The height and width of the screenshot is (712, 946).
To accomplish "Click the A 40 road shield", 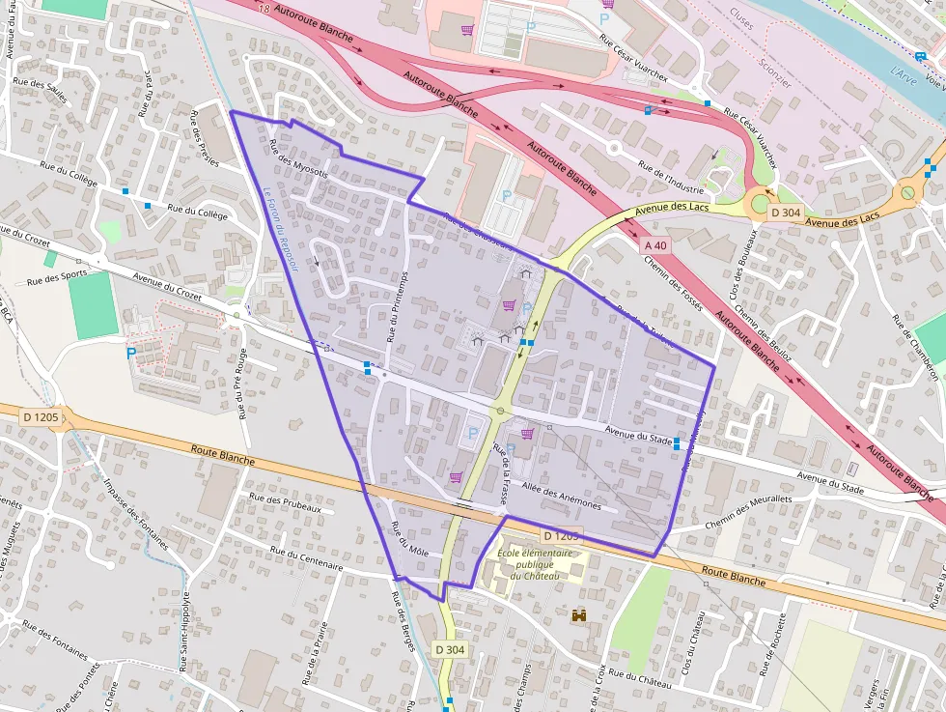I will (x=655, y=246).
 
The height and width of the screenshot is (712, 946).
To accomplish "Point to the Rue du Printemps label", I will (x=397, y=305).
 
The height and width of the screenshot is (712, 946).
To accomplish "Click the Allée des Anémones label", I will (x=561, y=498).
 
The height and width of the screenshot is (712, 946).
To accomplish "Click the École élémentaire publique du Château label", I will (x=535, y=564).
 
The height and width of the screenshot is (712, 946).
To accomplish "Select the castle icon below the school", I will (x=580, y=614).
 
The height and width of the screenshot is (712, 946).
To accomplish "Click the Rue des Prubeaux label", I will (x=284, y=504).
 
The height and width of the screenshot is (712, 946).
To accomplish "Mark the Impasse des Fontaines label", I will (x=135, y=515).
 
